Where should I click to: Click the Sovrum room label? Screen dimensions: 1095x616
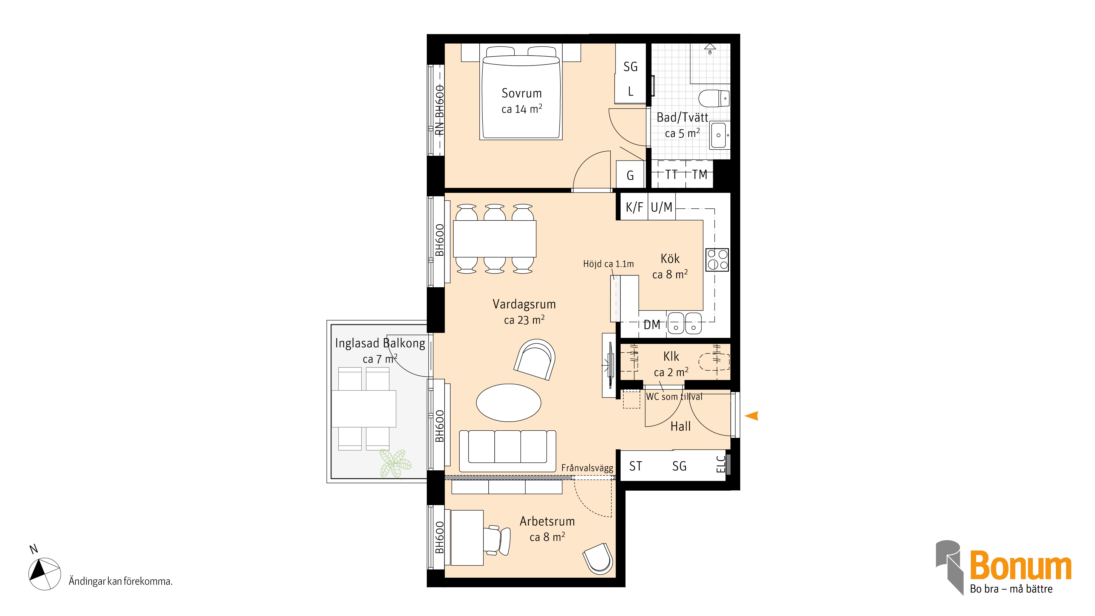point(521,93)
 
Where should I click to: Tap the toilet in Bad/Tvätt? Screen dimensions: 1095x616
point(714,99)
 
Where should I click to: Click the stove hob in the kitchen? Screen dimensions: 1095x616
point(717,260)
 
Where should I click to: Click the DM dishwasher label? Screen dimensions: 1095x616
point(652,325)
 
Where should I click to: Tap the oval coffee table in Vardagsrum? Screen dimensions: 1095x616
point(508,402)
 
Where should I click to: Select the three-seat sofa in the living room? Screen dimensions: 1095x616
point(508,451)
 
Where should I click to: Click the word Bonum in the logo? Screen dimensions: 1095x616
point(1020,565)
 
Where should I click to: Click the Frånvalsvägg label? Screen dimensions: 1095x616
point(587,468)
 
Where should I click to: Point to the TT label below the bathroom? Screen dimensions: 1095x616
point(671,174)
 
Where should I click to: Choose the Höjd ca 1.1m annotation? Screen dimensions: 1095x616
point(608,264)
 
